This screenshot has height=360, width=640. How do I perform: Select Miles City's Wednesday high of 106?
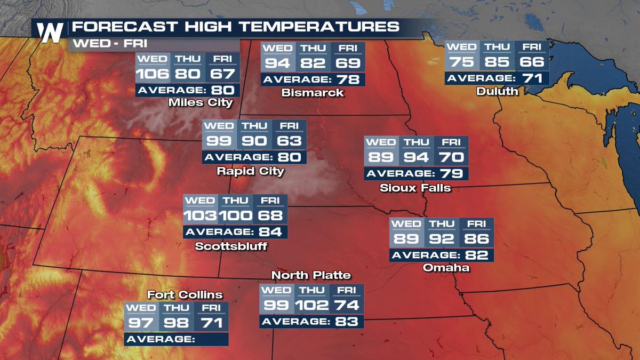[x=153, y=74]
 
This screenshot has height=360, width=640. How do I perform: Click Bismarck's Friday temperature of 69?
[x=348, y=63]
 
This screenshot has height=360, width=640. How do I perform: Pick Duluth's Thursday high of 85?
[x=497, y=62]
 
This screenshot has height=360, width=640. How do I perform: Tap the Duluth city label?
[x=497, y=92]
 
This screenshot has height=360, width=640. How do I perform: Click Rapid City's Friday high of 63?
[x=289, y=142]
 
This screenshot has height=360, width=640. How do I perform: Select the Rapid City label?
[x=250, y=172]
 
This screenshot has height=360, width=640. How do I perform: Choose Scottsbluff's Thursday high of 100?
[x=235, y=216]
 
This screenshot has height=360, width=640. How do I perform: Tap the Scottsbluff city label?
[x=230, y=246]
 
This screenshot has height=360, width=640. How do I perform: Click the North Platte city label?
[x=311, y=275]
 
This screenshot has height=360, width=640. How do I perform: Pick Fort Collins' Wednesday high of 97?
[x=141, y=324]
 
